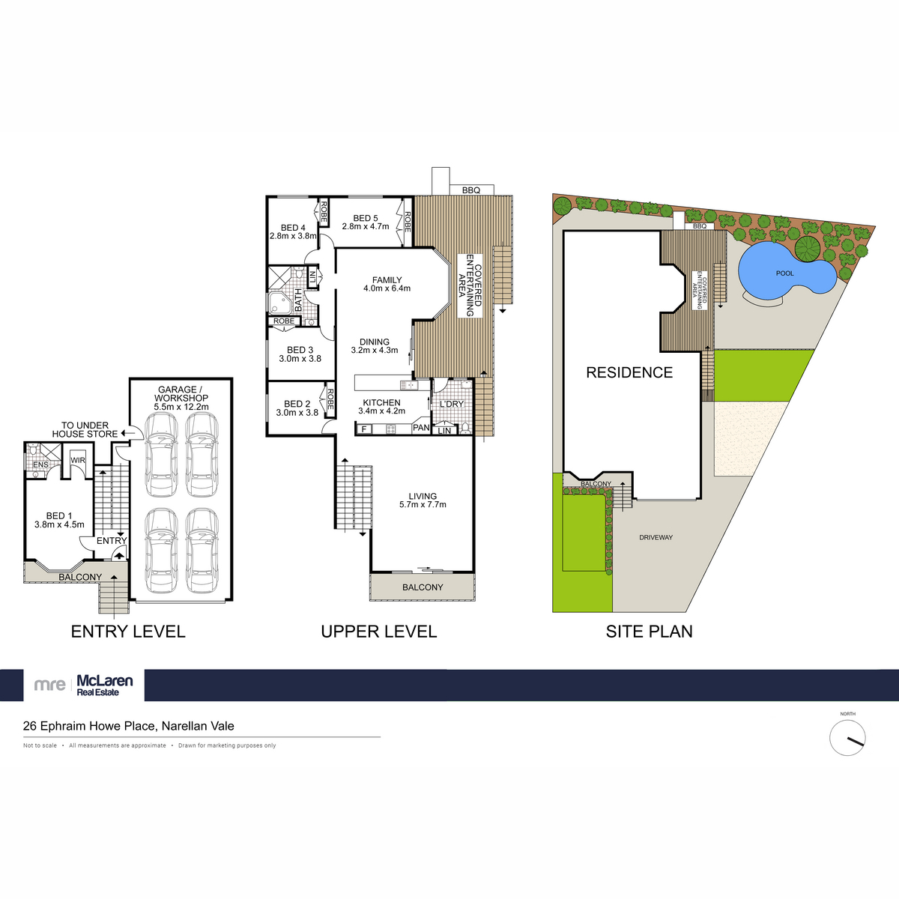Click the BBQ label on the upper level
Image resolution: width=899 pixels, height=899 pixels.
point(470,191)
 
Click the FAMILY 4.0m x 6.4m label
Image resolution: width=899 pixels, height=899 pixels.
point(387,284)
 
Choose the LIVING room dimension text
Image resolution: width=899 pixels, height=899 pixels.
point(423,505)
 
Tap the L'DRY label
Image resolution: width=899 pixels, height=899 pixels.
point(451,404)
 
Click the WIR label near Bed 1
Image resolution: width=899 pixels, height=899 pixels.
point(77,460)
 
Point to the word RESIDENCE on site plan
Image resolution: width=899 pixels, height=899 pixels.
point(629,372)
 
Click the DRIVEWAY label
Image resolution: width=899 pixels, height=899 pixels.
point(656,538)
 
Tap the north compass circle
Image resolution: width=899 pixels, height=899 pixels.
point(847,738)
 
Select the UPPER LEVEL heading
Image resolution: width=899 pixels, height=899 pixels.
point(378,632)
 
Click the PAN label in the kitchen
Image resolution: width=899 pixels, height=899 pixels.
point(421,428)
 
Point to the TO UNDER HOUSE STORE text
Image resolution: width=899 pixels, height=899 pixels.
point(85,429)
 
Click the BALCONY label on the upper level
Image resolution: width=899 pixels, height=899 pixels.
point(423,587)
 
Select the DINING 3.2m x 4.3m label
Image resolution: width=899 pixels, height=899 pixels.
point(375,345)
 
